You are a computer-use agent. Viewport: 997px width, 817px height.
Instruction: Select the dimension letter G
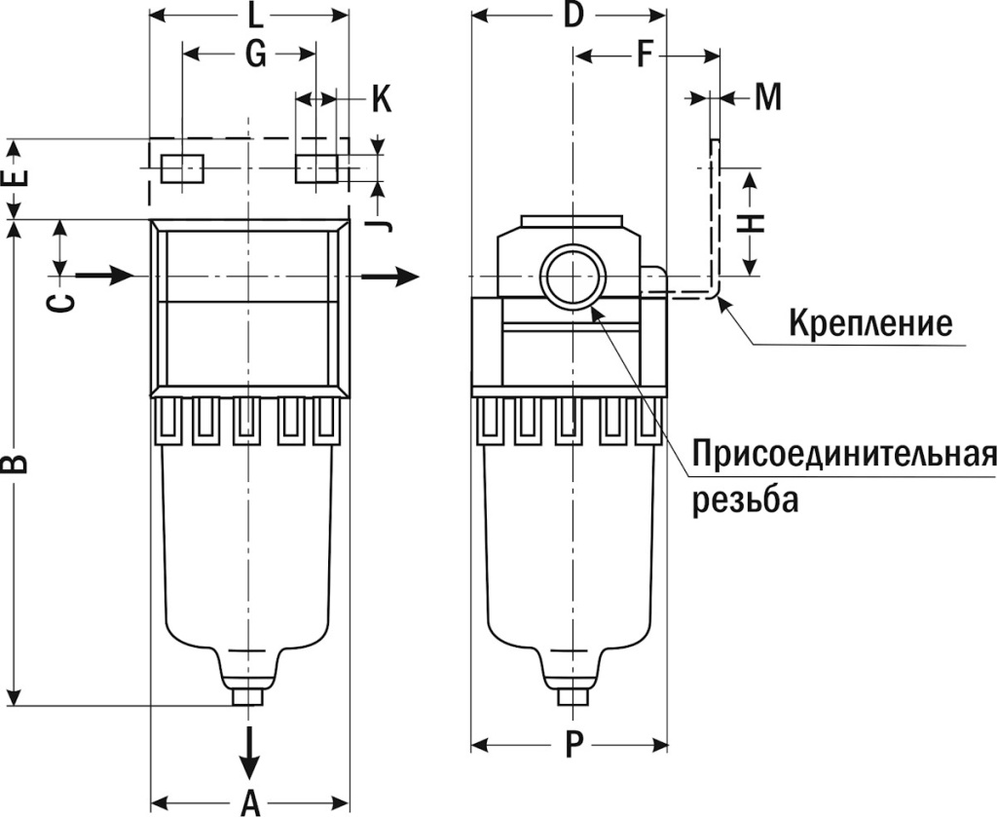pyautogui.click(x=254, y=55)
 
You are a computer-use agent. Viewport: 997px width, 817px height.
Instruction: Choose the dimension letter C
pyautogui.click(x=60, y=302)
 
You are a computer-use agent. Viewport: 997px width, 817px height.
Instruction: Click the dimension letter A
pyautogui.click(x=250, y=802)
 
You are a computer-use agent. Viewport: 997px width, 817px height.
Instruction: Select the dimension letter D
pyautogui.click(x=573, y=16)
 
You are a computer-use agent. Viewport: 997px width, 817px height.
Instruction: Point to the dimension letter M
pyautogui.click(x=768, y=97)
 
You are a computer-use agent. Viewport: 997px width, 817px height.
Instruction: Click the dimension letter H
pyautogui.click(x=753, y=223)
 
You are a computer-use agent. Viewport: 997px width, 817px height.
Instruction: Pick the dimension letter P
pyautogui.click(x=573, y=746)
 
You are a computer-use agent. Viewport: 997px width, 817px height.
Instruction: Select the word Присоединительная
pyautogui.click(x=844, y=454)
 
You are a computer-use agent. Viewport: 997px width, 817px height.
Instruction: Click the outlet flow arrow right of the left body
pyautogui.click(x=394, y=276)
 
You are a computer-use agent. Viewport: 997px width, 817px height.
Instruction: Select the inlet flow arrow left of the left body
pyautogui.click(x=104, y=276)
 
